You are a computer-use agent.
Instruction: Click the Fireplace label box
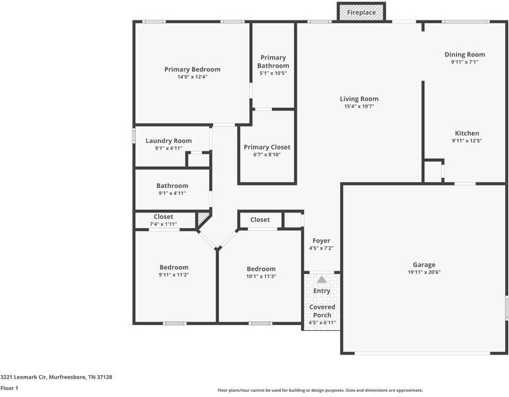361,12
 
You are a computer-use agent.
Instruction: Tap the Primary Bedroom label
192,69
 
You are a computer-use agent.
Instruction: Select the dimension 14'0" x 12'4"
192,77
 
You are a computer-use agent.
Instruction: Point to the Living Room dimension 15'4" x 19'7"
359,107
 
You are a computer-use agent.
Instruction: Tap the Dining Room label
464,54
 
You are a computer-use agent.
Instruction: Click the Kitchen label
467,133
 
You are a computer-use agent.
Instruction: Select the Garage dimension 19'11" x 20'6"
424,272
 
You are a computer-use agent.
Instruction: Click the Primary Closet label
267,147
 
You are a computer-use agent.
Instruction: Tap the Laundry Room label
169,140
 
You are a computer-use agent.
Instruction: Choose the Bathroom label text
172,186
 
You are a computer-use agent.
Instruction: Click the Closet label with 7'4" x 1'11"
163,216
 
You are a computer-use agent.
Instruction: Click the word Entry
322,291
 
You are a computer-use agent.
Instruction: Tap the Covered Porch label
322,311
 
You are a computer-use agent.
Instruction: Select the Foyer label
321,241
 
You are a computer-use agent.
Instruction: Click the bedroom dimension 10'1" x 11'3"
261,277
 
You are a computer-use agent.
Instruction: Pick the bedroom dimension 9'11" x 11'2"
173,275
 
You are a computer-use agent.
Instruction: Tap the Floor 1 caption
9,388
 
